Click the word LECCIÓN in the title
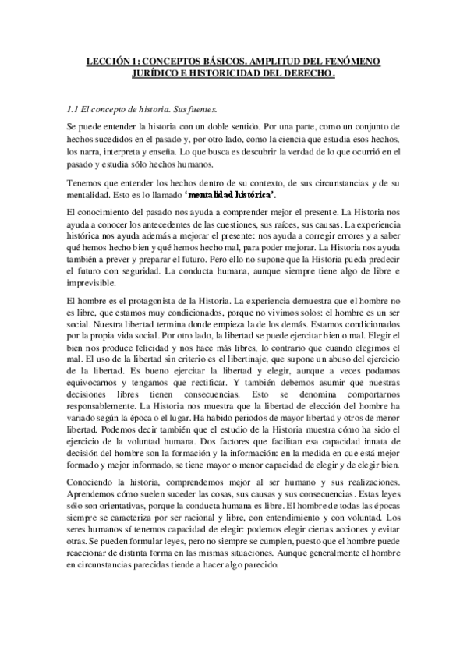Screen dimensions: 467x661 108,60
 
